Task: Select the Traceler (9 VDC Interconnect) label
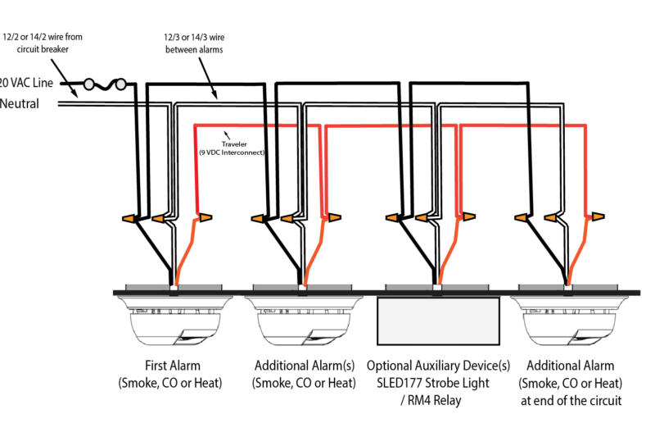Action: (231, 148)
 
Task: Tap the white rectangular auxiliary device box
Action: (438, 321)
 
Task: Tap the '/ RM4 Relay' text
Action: (438, 400)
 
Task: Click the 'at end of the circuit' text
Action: (570, 400)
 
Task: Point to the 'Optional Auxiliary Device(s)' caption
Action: (438, 366)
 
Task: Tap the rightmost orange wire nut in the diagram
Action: (599, 216)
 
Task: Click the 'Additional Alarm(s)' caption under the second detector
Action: (304, 366)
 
